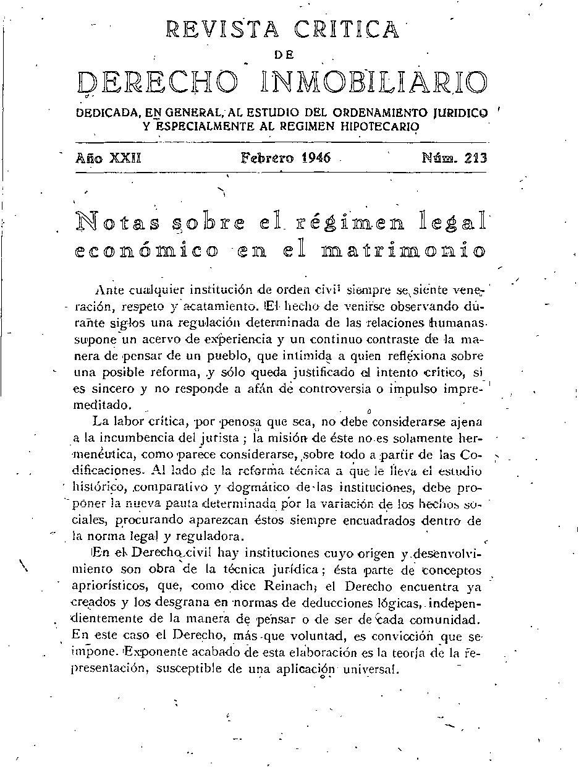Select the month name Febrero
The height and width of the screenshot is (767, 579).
pyautogui.click(x=267, y=158)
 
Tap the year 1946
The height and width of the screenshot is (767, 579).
pyautogui.click(x=316, y=158)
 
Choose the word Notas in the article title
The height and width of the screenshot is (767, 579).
pyautogui.click(x=117, y=221)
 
